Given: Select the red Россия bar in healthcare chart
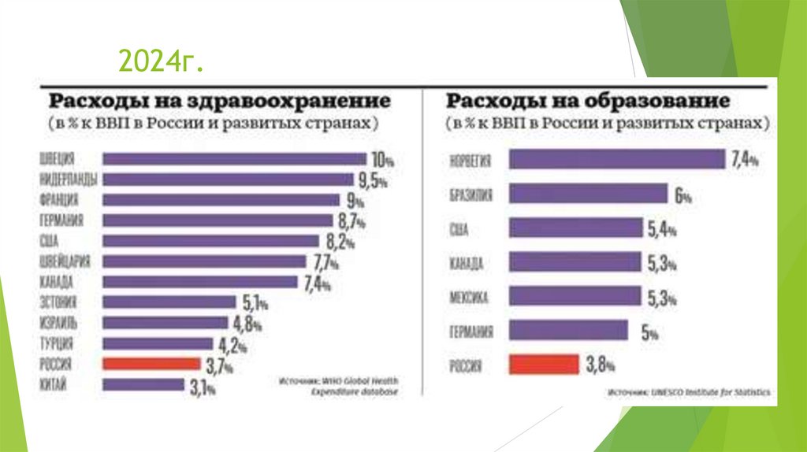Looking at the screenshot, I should pos(151,364).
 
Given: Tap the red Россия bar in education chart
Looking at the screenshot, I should pos(544,364).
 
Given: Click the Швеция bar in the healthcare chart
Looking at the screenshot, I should pos(234,159).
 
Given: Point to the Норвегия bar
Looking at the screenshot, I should pos(616,160).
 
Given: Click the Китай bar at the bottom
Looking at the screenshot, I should pos(143,384).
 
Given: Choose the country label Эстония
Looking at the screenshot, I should pos(57,302).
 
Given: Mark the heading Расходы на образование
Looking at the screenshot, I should pos(587,102).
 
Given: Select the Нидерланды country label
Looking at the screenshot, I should pos(67,180).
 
